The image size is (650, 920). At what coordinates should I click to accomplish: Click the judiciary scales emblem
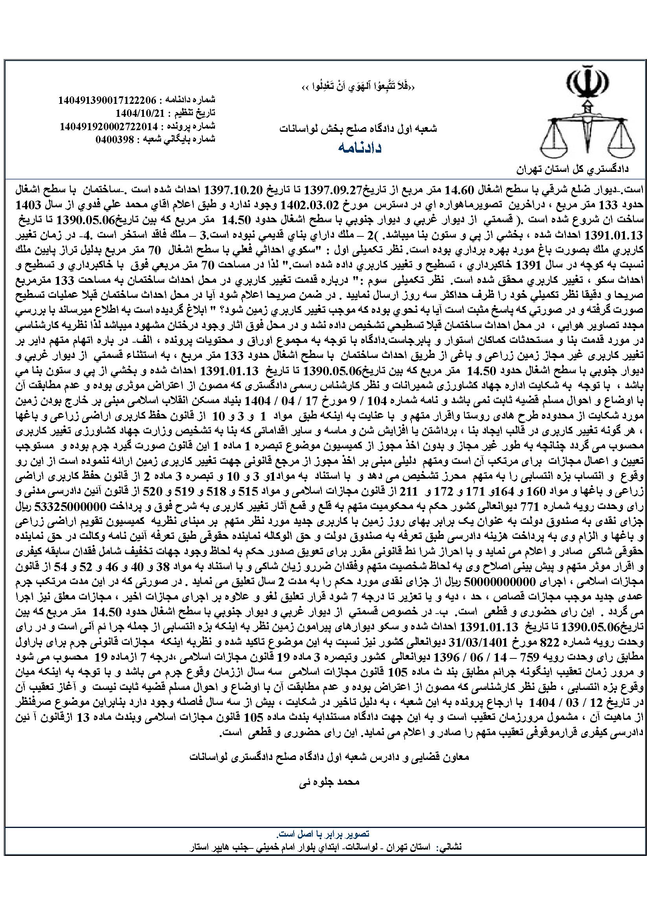(588, 114)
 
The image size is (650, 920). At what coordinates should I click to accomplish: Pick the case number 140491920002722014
(109, 126)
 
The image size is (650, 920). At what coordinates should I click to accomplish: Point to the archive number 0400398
(116, 139)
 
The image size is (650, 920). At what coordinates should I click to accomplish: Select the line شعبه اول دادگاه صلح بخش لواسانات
(358, 129)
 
